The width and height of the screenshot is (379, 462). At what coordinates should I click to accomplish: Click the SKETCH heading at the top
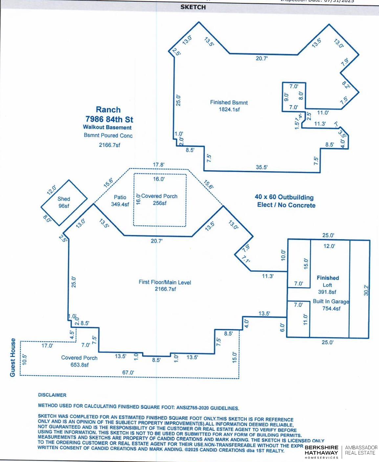pyautogui.click(x=193, y=7)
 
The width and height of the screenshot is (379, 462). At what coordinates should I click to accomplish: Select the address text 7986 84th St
pyautogui.click(x=108, y=119)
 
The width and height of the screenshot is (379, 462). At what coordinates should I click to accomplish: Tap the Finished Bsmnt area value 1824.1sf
pyautogui.click(x=229, y=109)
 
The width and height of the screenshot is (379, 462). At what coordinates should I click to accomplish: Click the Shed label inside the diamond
pyautogui.click(x=64, y=199)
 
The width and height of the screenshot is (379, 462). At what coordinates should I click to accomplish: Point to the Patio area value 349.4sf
pyautogui.click(x=120, y=204)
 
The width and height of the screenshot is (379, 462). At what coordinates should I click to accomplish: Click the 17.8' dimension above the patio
pyautogui.click(x=159, y=165)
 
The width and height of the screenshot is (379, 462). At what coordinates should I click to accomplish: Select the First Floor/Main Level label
pyautogui.click(x=165, y=282)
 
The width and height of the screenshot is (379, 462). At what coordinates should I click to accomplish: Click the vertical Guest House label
pyautogui.click(x=13, y=358)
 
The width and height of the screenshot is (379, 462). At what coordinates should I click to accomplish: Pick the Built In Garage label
pyautogui.click(x=331, y=301)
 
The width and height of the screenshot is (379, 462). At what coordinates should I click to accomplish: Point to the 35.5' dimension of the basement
pyautogui.click(x=262, y=167)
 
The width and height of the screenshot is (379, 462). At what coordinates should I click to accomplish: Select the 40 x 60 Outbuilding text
pyautogui.click(x=284, y=197)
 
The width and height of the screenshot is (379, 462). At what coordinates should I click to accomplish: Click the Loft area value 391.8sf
pyautogui.click(x=327, y=292)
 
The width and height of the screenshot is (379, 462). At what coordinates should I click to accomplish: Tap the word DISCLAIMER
pyautogui.click(x=52, y=395)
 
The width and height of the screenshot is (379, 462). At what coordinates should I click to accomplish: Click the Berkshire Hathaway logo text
pyautogui.click(x=321, y=452)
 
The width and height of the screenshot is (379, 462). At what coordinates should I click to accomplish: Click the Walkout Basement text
pyautogui.click(x=107, y=127)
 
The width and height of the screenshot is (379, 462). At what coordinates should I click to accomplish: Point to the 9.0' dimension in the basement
pyautogui.click(x=286, y=97)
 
